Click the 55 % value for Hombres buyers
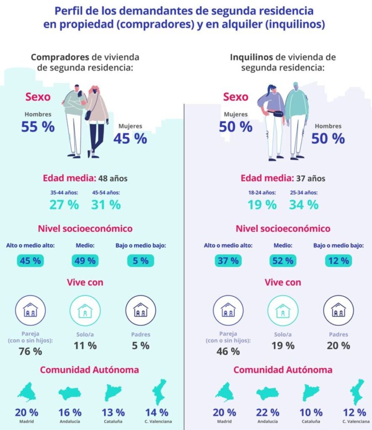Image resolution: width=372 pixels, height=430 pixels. (38, 127)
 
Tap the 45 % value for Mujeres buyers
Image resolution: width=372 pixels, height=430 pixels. (130, 138)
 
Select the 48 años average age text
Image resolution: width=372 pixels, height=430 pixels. (113, 178)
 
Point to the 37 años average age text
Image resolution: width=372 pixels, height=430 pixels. (311, 178)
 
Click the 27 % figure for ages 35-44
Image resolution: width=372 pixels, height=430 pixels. (64, 205)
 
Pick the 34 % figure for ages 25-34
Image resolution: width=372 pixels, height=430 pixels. (304, 205)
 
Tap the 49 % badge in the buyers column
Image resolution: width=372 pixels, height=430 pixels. (85, 261)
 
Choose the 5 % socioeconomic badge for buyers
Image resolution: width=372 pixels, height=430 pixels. (140, 261)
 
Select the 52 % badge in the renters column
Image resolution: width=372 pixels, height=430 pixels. (283, 261)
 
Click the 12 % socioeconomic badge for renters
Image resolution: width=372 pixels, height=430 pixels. (338, 261)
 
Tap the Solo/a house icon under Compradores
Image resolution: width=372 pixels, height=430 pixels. (85, 310)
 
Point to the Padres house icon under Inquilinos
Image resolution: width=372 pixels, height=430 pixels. (338, 310)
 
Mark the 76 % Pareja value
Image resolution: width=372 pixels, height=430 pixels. (31, 351)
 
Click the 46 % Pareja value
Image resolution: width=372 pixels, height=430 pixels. (228, 351)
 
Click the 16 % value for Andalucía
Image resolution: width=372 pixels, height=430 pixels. (70, 413)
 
